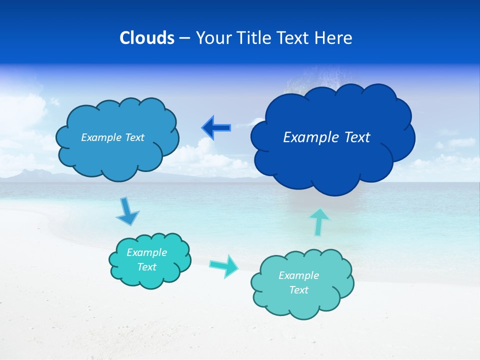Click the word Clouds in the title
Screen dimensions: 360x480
tap(147, 38)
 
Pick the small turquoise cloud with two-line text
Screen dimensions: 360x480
tap(150, 260)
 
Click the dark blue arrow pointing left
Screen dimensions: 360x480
tap(216, 127)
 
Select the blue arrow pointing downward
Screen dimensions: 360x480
tap(127, 212)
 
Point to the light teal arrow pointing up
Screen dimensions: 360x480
tap(319, 221)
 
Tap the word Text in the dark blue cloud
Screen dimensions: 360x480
tap(354, 137)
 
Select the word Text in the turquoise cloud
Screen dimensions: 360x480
tap(146, 267)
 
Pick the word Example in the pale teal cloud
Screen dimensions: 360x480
tap(298, 275)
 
